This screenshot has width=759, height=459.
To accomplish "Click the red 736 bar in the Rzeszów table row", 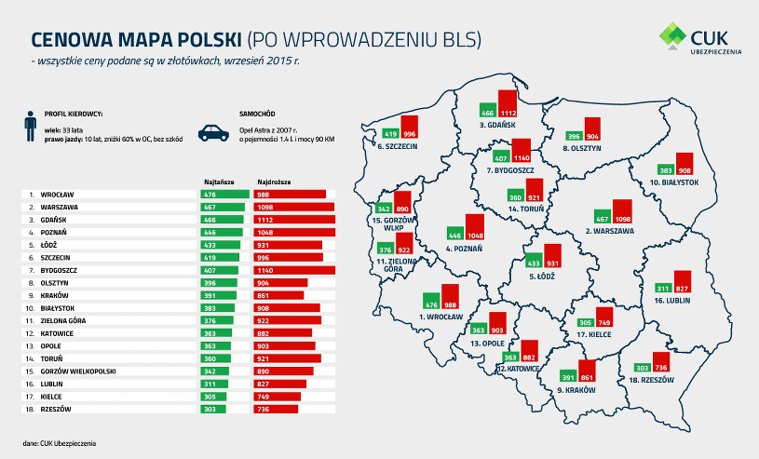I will [276, 408].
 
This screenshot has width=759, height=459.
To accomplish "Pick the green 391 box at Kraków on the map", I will [565, 378].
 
